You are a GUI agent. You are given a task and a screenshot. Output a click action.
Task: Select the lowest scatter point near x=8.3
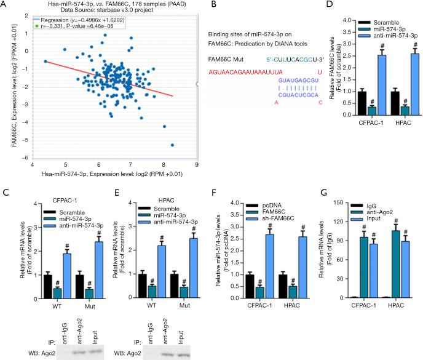[x=172, y=145]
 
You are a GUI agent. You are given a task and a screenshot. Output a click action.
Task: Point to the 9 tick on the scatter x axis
[x=197, y=165]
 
